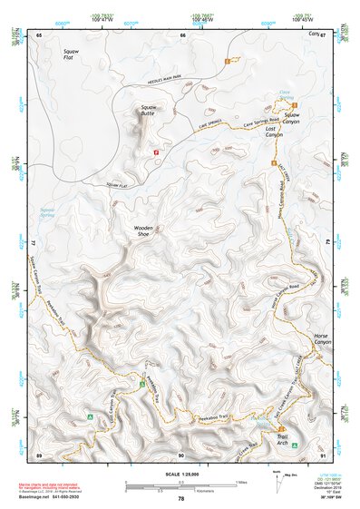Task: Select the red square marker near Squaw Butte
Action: [x=157, y=152]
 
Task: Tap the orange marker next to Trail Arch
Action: [x=282, y=429]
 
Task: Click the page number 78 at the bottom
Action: [x=180, y=499]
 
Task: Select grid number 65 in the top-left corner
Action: [x=39, y=34]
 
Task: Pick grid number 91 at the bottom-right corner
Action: [x=324, y=454]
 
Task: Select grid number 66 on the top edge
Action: [x=182, y=34]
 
